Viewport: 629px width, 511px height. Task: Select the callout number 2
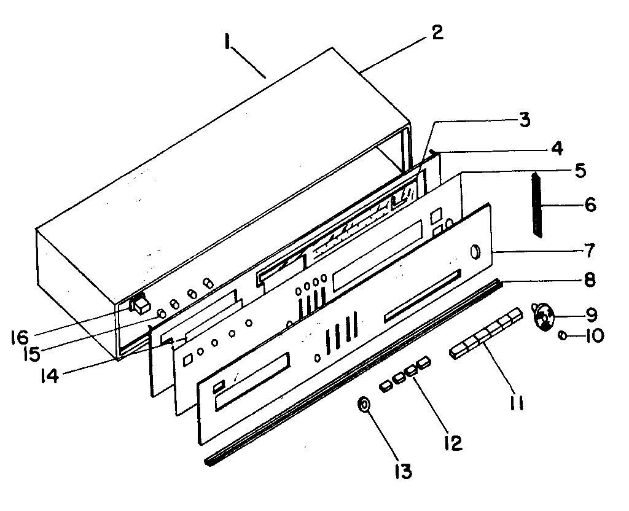coord(437,33)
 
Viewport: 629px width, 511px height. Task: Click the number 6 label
coord(590,205)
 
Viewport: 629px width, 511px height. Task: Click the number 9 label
coord(590,315)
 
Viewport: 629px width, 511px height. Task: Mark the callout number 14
coord(47,375)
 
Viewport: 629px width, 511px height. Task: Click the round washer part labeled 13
coord(364,405)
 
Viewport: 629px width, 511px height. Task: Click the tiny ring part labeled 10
coord(563,335)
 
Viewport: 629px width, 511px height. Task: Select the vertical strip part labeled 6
coord(537,205)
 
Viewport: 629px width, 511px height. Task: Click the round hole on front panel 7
coord(476,252)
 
